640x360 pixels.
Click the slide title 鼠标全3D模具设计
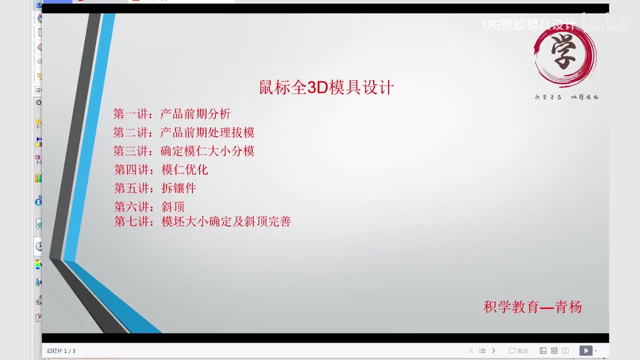(326, 87)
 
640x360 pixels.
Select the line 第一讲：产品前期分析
(171, 114)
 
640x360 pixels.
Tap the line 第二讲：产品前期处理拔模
(183, 132)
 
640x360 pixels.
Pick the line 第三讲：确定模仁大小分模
(183, 151)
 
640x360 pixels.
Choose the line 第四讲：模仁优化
(161, 169)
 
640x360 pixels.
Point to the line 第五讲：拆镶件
(155, 188)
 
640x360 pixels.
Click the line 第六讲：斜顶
(149, 206)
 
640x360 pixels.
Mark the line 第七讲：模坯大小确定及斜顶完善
(202, 221)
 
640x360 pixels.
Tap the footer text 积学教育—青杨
(532, 306)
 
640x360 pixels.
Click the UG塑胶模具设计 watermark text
(529, 24)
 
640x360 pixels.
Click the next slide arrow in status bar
(493, 351)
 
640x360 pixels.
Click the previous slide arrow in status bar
(471, 351)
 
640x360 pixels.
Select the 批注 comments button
(518, 351)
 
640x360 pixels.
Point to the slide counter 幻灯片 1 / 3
(61, 351)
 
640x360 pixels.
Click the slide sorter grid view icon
(554, 351)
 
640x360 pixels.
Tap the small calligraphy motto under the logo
(566, 97)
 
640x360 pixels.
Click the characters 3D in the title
(317, 87)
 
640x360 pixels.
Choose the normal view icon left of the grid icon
(543, 351)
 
